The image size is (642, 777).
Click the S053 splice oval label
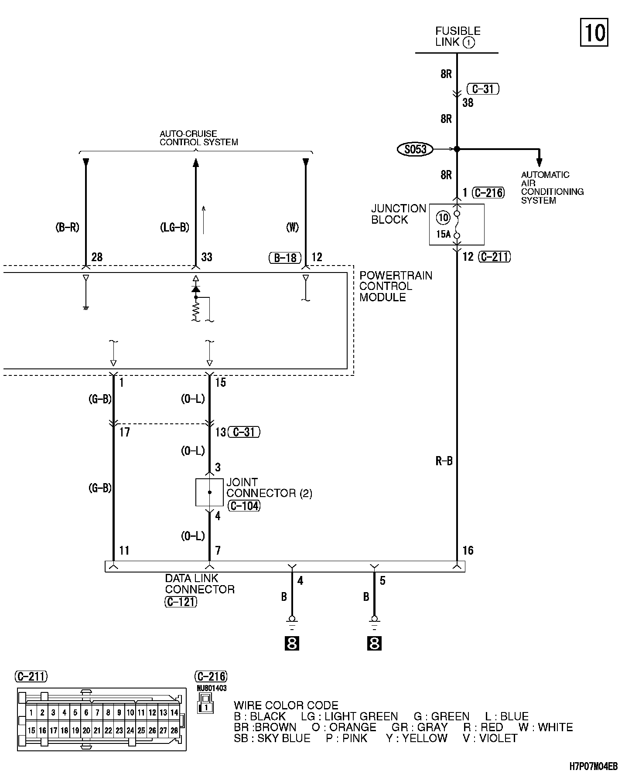(415, 150)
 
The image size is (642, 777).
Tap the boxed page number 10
(594, 33)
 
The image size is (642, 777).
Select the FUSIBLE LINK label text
(458, 37)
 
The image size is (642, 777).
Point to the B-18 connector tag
(285, 258)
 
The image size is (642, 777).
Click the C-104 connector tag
(244, 506)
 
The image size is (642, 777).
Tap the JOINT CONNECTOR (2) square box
(209, 492)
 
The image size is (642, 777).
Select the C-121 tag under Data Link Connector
(181, 602)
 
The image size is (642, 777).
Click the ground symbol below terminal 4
(292, 621)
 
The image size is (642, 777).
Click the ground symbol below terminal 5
(374, 621)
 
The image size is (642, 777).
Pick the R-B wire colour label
(444, 461)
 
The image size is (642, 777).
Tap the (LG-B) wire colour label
(174, 227)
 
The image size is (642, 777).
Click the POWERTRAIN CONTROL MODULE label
(396, 286)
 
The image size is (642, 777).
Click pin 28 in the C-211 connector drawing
(174, 730)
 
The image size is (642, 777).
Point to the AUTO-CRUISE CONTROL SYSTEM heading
(198, 138)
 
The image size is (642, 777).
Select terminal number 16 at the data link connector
(468, 551)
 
